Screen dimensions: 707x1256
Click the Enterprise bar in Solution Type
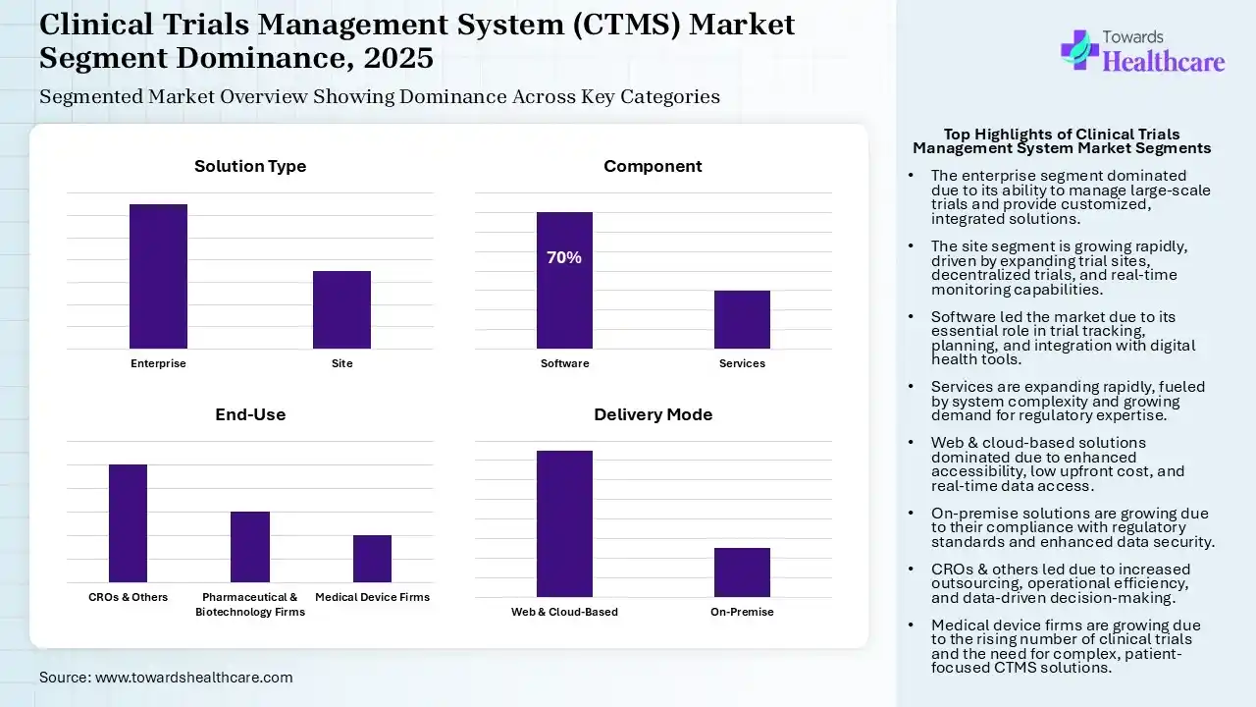(158, 276)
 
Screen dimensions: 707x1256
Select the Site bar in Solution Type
(341, 309)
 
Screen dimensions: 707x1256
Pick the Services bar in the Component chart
(742, 319)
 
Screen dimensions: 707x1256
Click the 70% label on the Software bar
(564, 257)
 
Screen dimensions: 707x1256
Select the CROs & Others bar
(128, 523)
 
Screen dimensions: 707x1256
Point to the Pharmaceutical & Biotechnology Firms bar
(250, 547)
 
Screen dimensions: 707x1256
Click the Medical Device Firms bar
(372, 559)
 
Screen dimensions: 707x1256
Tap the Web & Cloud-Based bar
(564, 523)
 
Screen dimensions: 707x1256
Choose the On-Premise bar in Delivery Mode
(742, 572)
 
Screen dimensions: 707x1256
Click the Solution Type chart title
(250, 166)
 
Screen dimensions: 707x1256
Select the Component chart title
(653, 166)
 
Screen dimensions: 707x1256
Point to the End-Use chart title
(250, 414)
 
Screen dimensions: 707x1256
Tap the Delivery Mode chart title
(653, 414)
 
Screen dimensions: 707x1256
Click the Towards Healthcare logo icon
(1079, 49)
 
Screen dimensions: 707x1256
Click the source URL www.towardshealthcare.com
(193, 677)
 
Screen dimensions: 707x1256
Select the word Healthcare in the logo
(1164, 63)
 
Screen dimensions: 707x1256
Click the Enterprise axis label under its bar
(158, 363)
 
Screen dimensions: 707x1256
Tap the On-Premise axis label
(742, 612)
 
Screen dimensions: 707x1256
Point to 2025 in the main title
(398, 58)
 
